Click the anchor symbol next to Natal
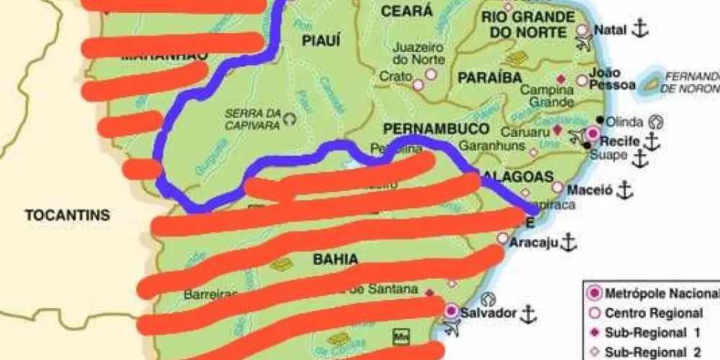click(x=640, y=30)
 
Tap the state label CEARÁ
click(x=407, y=12)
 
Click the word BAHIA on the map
click(x=336, y=258)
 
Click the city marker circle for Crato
click(x=418, y=84)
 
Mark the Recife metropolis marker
click(x=593, y=133)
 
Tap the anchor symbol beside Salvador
click(x=528, y=313)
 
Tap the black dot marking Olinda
click(x=600, y=120)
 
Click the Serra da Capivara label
click(x=251, y=118)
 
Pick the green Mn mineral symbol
click(x=400, y=336)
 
